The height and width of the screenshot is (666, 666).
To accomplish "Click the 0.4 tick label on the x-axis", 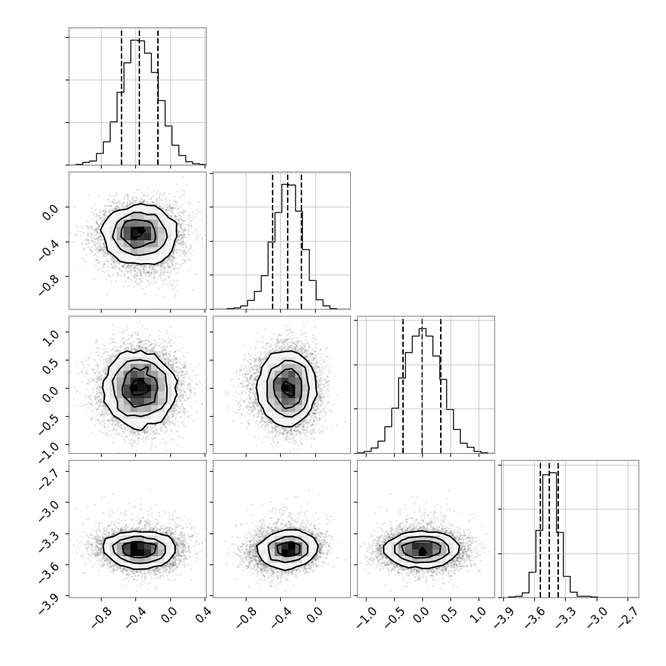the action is click(x=204, y=615).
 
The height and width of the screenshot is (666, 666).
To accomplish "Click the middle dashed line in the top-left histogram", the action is click(x=139, y=96).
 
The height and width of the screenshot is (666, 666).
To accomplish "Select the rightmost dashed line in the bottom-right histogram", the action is click(x=558, y=529).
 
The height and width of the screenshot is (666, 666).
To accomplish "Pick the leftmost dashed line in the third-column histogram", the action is click(x=402, y=384).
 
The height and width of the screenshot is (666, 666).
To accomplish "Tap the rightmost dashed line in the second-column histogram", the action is click(x=301, y=241).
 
